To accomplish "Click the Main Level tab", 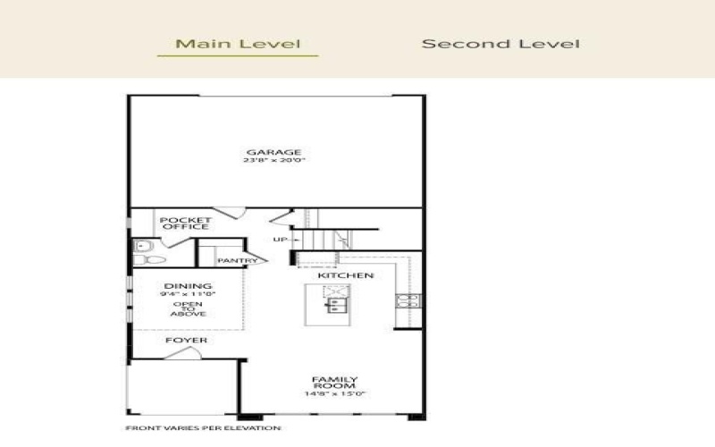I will [x=237, y=43].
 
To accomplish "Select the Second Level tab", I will [x=500, y=43].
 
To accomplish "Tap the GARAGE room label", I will [x=273, y=152].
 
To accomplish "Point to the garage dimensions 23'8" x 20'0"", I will [x=273, y=162].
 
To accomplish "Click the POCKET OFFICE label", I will [x=185, y=223].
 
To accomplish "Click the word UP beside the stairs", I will [x=280, y=240].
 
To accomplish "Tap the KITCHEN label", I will [x=347, y=275].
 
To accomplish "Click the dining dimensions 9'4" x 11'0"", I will [x=189, y=294].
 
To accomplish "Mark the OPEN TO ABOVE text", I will [x=189, y=309].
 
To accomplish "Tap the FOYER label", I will [x=187, y=341].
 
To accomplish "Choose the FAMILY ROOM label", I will [x=341, y=384].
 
